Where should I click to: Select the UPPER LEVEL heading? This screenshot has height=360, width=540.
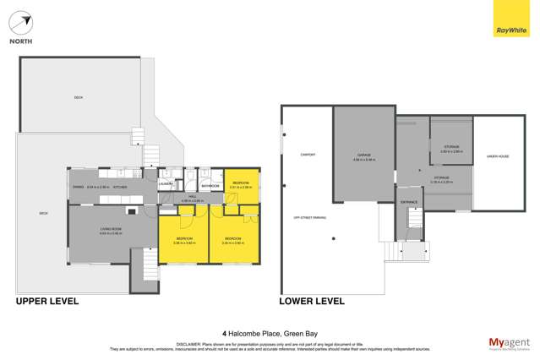tap(47, 301)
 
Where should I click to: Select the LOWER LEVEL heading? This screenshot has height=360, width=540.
tap(312, 301)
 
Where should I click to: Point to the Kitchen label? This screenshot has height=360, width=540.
tap(131, 187)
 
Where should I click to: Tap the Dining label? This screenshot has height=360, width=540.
tap(77, 187)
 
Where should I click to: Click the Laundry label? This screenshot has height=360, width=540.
tap(166, 183)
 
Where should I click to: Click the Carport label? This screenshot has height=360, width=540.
tap(308, 155)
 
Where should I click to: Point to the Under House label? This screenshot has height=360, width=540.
tap(497, 157)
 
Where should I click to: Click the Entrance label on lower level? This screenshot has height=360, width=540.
tap(409, 202)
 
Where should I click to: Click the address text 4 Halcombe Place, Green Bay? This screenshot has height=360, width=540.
tap(270, 333)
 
